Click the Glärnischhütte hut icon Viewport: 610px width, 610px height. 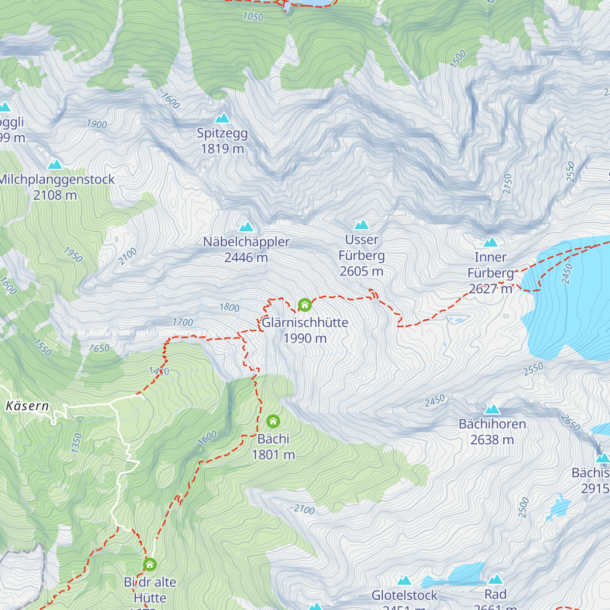pyautogui.click(x=304, y=305)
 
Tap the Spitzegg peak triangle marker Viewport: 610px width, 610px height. pyautogui.click(x=222, y=118)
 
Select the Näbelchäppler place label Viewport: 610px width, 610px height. pyautogui.click(x=247, y=242)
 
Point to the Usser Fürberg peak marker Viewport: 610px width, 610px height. pyautogui.click(x=361, y=225)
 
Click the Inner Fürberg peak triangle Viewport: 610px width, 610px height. pyautogui.click(x=491, y=242)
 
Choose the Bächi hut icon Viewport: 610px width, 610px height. pyautogui.click(x=273, y=421)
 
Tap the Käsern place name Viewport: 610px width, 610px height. pyautogui.click(x=27, y=406)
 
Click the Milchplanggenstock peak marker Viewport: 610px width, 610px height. pyautogui.click(x=55, y=165)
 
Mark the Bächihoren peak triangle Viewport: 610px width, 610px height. pyautogui.click(x=492, y=409)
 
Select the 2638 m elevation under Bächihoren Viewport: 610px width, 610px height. pyautogui.click(x=492, y=440)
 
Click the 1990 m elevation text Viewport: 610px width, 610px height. pyautogui.click(x=305, y=339)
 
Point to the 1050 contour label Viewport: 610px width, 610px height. pyautogui.click(x=253, y=17)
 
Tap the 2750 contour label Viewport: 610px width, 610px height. pyautogui.click(x=507, y=184)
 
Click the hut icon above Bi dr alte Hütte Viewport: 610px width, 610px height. pyautogui.click(x=149, y=564)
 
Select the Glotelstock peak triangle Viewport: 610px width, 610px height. pyautogui.click(x=404, y=581)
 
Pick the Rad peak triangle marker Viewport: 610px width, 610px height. pyautogui.click(x=496, y=579)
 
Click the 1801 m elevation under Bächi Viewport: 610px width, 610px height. pyautogui.click(x=273, y=455)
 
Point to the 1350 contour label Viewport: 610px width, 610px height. pyautogui.click(x=77, y=443)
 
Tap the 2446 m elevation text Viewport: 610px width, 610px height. pyautogui.click(x=246, y=258)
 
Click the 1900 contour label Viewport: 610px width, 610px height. pyautogui.click(x=97, y=124)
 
